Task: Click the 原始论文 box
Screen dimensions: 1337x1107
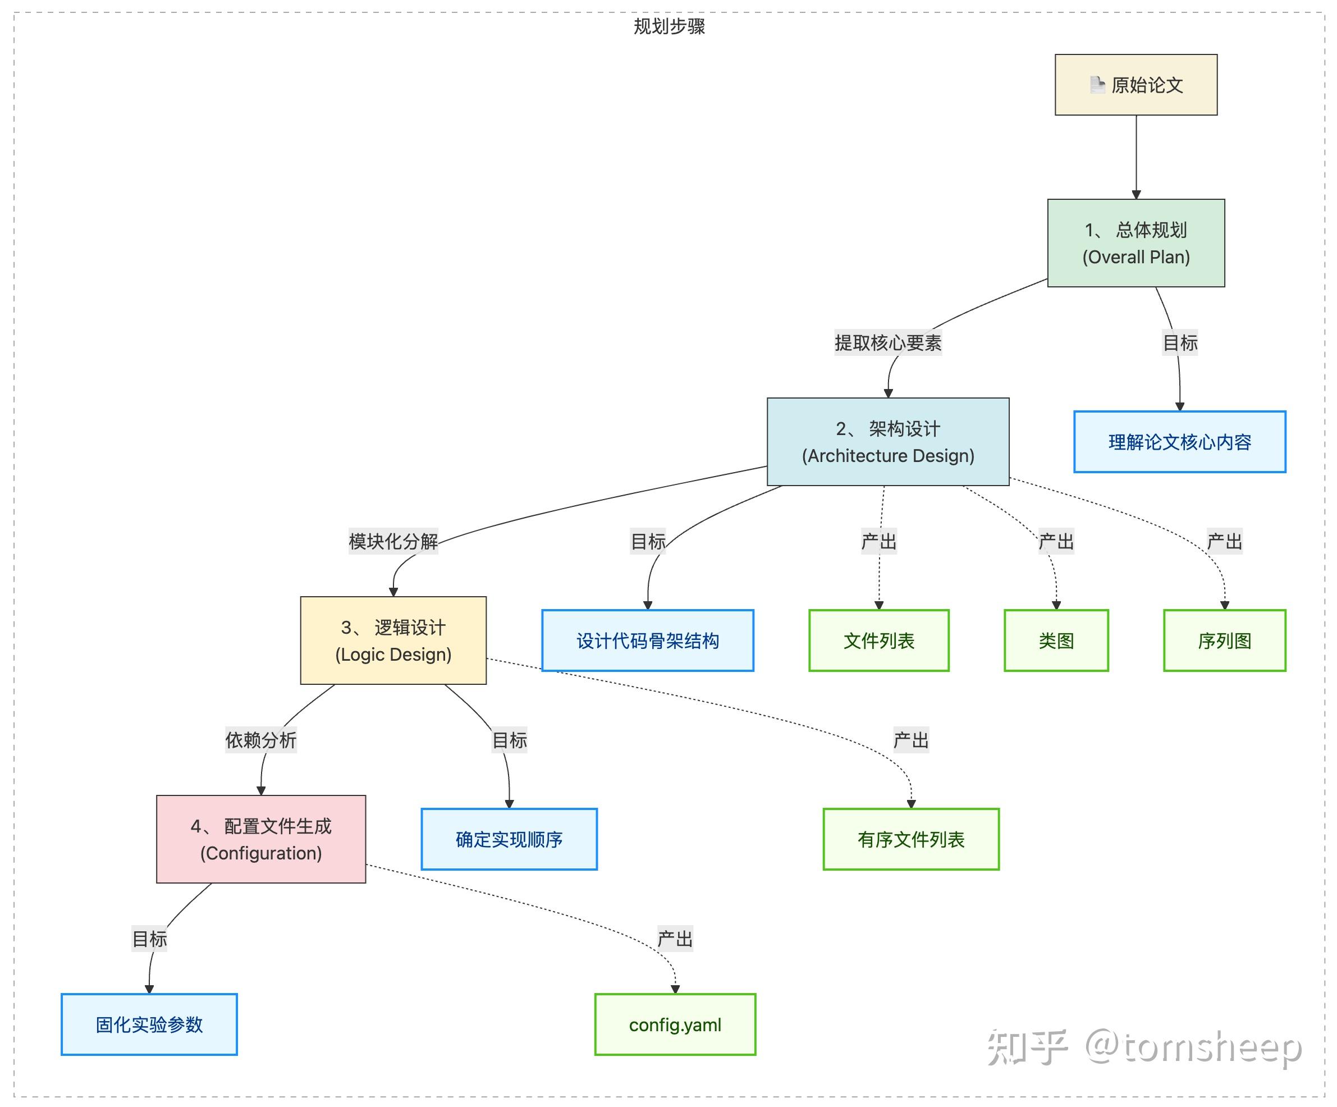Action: [x=1136, y=85]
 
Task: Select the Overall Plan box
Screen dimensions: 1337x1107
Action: [x=1136, y=243]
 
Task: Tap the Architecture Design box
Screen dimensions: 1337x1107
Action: [x=887, y=442]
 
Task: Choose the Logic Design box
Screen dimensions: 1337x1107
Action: [x=393, y=641]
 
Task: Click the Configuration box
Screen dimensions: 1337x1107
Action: [x=261, y=839]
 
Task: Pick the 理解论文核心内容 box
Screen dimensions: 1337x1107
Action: [x=1179, y=442]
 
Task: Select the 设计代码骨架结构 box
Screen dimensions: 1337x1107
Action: [x=648, y=641]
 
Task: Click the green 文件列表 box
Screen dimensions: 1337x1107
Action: [x=878, y=641]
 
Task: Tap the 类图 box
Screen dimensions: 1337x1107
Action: [x=1056, y=641]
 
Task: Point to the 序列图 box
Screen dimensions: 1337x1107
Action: [x=1224, y=641]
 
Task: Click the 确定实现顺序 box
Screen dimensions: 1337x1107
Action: [x=509, y=839]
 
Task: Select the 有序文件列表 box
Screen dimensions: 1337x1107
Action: [x=911, y=839]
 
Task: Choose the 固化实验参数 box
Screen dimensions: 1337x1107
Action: [x=149, y=1024]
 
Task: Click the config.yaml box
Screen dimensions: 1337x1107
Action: [x=675, y=1024]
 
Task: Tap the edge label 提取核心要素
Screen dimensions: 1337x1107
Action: [x=887, y=343]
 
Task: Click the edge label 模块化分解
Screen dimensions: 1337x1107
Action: [x=393, y=542]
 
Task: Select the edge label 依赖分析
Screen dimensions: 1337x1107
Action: [x=260, y=740]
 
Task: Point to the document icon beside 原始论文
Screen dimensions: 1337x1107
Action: [x=1097, y=85]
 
